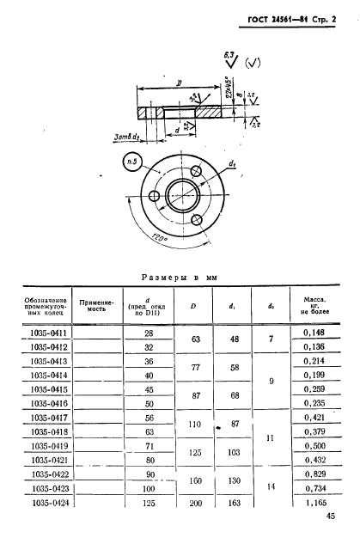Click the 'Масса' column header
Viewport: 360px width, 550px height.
308,306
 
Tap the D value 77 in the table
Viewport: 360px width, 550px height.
193,368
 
